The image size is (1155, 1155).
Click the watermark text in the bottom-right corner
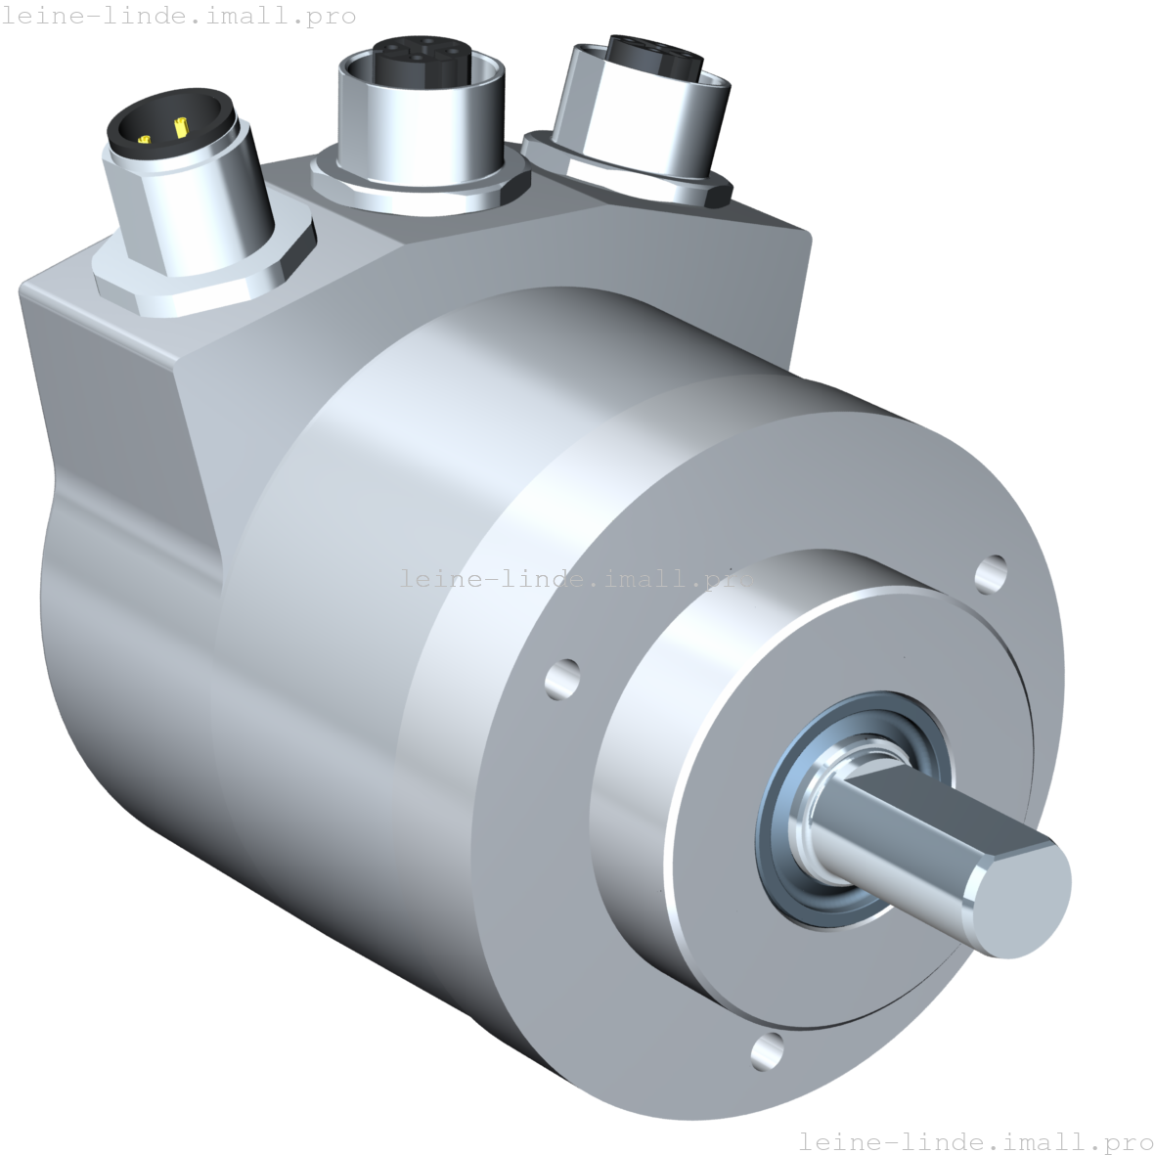975,1141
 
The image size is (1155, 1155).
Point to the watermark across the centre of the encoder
577,578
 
